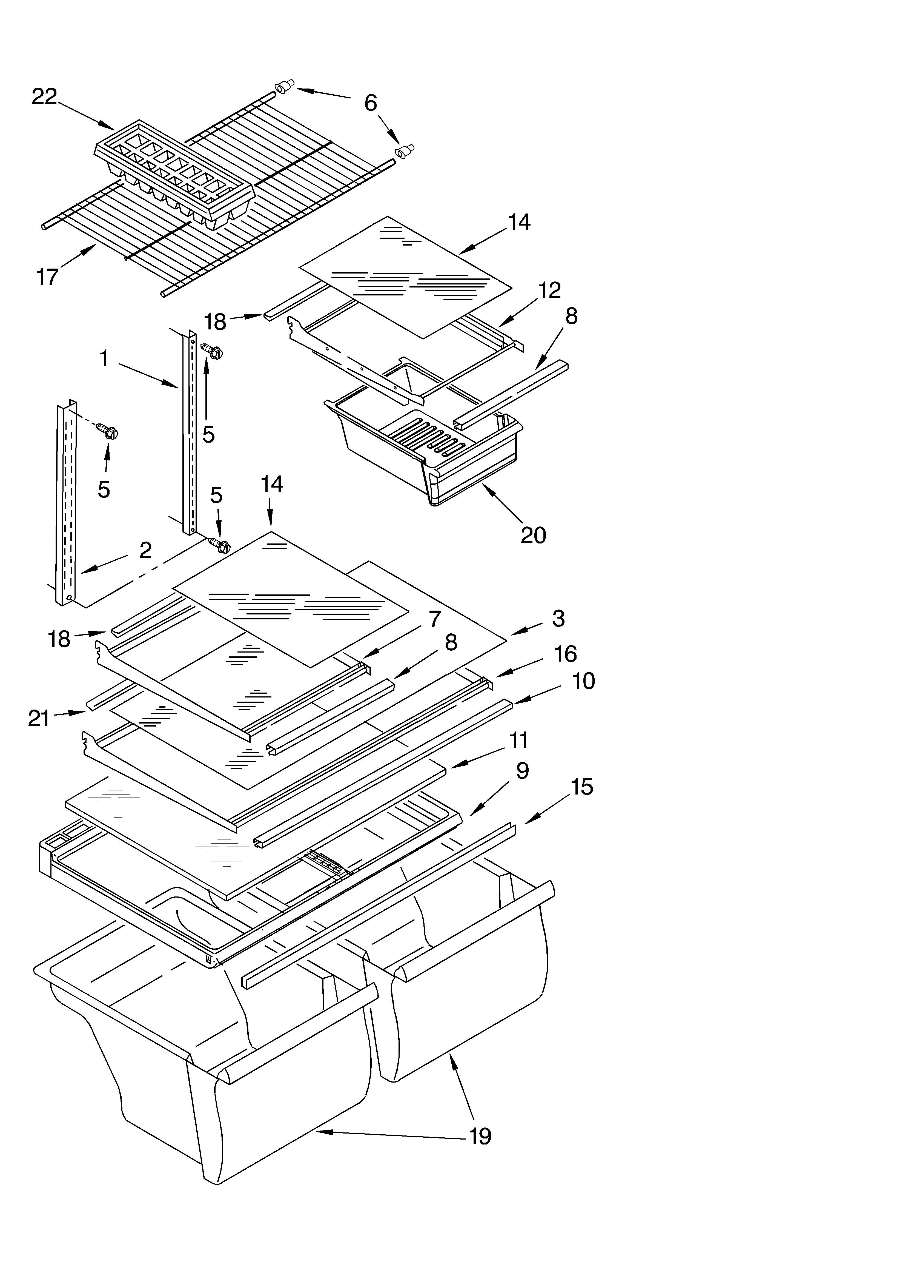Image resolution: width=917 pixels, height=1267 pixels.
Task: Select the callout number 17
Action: click(47, 276)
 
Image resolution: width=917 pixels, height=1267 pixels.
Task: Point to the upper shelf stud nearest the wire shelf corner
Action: click(284, 87)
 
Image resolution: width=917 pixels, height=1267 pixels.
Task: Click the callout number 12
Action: click(549, 291)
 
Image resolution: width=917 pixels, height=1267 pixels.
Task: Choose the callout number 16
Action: click(565, 654)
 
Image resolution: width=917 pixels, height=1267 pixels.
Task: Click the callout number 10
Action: click(584, 681)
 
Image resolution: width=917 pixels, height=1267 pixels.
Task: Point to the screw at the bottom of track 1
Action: click(219, 545)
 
